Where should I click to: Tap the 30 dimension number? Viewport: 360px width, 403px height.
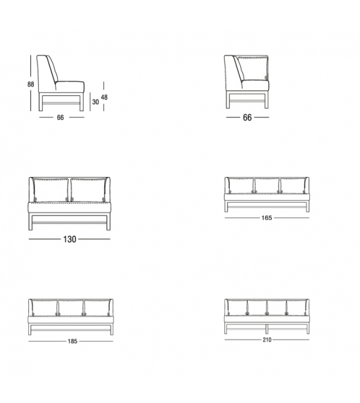[x=95, y=101]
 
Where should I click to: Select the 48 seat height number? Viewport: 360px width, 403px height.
[x=105, y=97]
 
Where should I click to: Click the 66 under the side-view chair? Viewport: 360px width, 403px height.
[x=61, y=117]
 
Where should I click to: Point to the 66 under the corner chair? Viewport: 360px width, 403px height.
[x=247, y=117]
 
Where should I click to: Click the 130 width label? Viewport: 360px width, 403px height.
[x=68, y=239]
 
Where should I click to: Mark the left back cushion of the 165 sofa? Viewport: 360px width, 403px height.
[x=241, y=185]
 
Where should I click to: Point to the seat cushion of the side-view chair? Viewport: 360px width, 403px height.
[x=68, y=87]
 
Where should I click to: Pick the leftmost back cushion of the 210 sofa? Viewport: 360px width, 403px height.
[x=237, y=307]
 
